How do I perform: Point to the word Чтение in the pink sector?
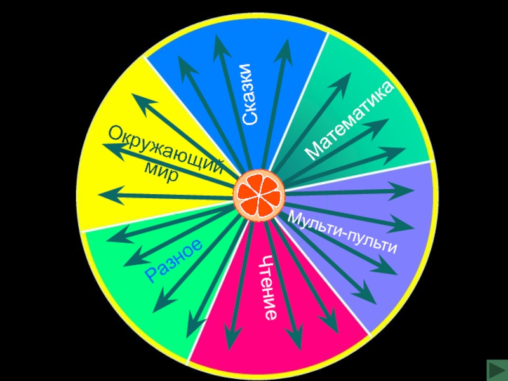pos(269,286)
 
